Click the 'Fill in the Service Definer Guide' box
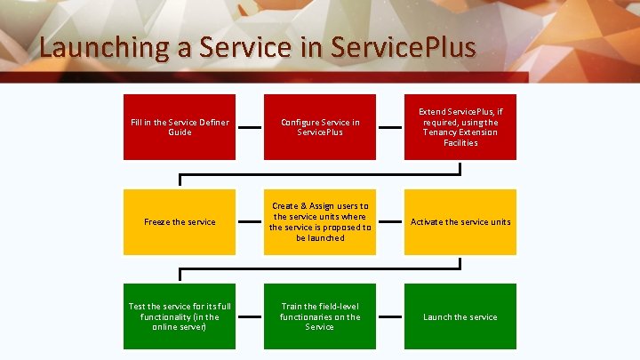coord(180,127)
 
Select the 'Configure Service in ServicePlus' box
coord(320,127)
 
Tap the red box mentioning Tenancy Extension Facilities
coord(460,127)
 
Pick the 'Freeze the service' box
coord(180,221)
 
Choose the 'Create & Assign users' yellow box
coord(320,221)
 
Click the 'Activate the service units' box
coord(460,221)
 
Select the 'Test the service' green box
coord(180,316)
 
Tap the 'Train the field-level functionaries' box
coord(320,316)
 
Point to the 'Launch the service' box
coord(460,316)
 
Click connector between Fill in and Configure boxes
coord(250,127)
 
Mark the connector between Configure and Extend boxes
coord(390,127)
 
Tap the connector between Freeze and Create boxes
coord(250,221)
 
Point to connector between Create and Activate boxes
coord(390,221)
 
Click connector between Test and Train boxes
coord(250,316)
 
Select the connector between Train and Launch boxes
coord(390,316)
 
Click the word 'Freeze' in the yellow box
coord(156,222)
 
